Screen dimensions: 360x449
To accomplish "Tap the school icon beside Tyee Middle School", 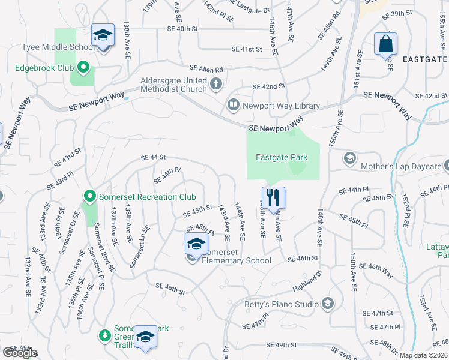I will point(103,36).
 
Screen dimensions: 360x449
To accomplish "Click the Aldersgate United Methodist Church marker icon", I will point(217,85).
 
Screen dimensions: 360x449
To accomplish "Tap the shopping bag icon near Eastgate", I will point(385,44).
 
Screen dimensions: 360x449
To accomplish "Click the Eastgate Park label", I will point(282,158).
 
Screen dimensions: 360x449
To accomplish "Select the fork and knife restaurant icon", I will point(273,197).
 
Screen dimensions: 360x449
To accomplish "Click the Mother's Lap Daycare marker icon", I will point(349,158).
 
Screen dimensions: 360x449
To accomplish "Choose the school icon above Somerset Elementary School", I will point(196,244).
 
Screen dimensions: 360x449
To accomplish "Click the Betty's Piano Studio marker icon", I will point(327,304).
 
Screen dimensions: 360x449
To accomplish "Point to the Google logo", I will point(20,353).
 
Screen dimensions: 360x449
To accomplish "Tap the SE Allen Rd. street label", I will point(206,70).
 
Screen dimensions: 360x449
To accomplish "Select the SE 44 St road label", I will point(153,157).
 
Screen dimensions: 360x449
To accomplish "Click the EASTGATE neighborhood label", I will point(424,59).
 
